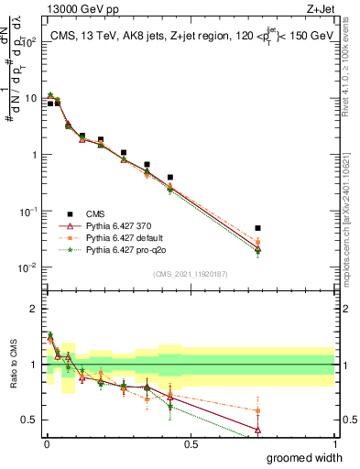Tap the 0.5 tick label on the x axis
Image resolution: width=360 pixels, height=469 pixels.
191,444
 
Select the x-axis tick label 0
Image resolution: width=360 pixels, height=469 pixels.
47,444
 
